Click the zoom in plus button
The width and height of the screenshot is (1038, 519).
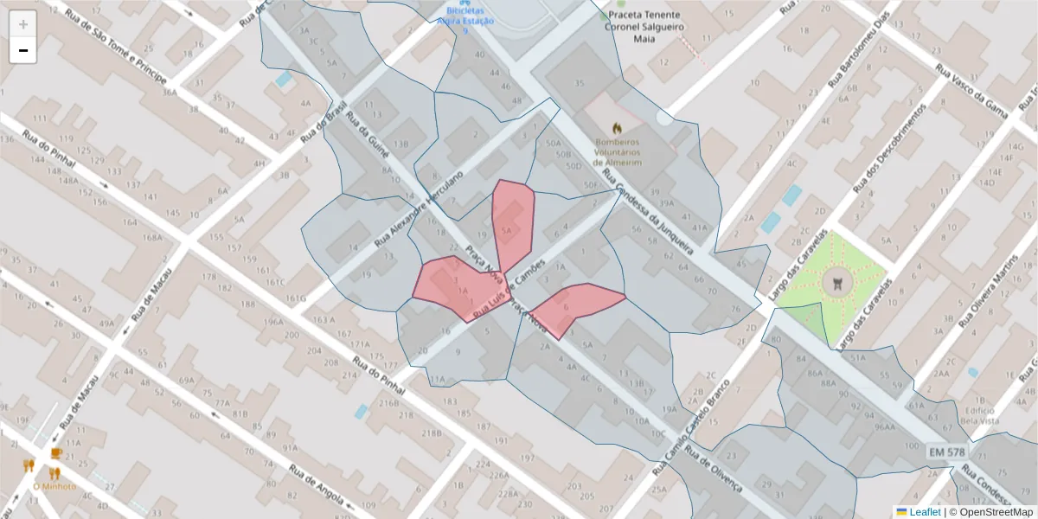[x=23, y=24]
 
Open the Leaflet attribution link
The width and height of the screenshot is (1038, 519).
[x=925, y=512]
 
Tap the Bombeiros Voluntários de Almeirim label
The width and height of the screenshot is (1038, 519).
[x=618, y=151]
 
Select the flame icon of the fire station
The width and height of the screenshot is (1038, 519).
[x=618, y=127]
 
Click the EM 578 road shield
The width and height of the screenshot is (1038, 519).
[x=947, y=452]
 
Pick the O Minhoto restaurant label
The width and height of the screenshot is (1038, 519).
[x=54, y=486]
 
